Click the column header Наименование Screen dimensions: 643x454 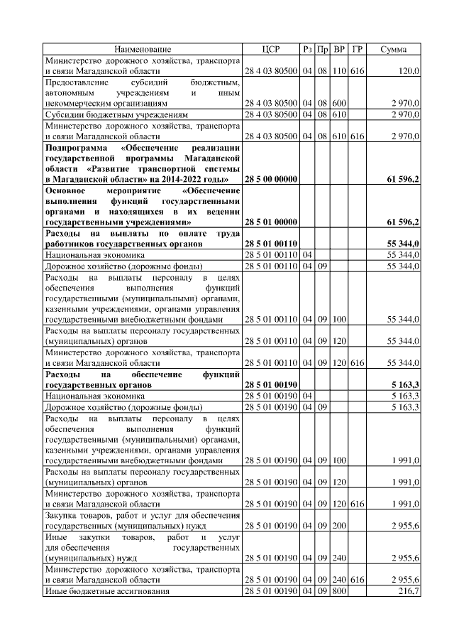[143, 49]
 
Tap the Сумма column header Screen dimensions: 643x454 [393, 49]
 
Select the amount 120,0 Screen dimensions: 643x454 [409, 72]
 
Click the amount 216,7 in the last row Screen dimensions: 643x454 [409, 591]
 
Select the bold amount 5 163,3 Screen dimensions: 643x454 [404, 384]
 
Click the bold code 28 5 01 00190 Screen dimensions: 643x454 [270, 384]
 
